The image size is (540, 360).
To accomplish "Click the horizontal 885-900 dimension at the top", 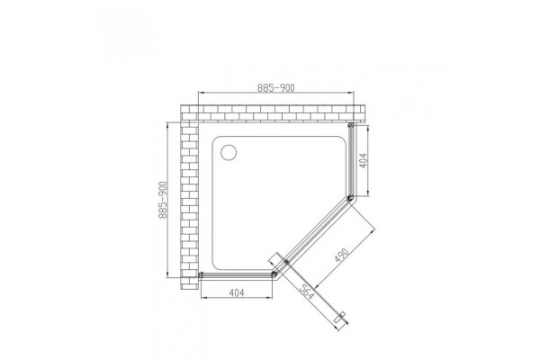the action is (x=276, y=88).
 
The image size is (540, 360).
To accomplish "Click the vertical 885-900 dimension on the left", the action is (x=163, y=200).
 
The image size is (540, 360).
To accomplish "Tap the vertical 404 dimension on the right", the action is (x=364, y=160).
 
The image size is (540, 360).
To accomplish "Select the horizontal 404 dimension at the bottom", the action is (x=237, y=292).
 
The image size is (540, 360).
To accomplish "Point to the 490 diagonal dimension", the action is (x=341, y=255).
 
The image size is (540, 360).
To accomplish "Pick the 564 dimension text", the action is (x=306, y=292).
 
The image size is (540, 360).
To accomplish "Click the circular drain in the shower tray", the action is (x=229, y=152).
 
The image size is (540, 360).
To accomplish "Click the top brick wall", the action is (x=272, y=113).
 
